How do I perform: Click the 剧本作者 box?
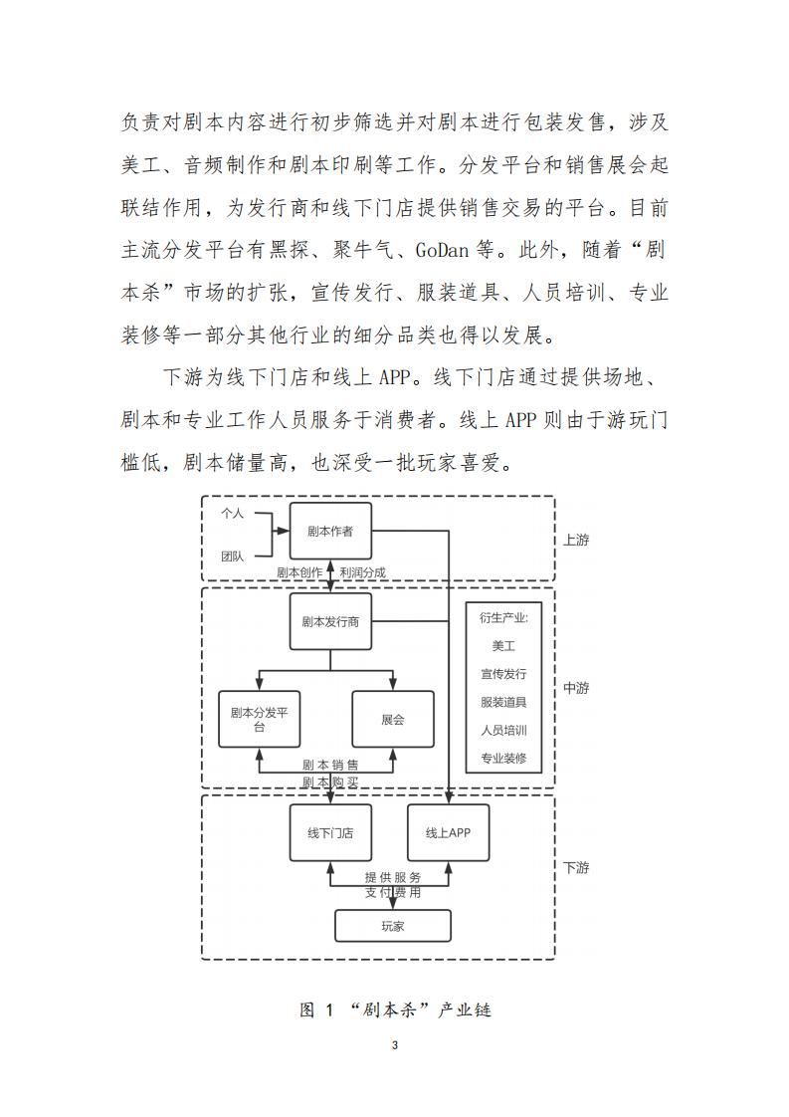(x=329, y=531)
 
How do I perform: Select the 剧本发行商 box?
(x=329, y=622)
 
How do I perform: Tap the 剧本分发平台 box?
(x=259, y=719)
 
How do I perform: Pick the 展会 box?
(x=393, y=719)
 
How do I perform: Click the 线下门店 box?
(x=329, y=832)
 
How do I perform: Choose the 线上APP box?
(x=448, y=832)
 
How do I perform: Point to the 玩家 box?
(x=392, y=926)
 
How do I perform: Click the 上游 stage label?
(x=576, y=541)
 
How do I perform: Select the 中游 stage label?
(x=576, y=688)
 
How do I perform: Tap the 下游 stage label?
(x=576, y=867)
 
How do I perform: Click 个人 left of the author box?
(x=232, y=514)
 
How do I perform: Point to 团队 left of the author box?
(x=232, y=556)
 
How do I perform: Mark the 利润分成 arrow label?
(x=362, y=572)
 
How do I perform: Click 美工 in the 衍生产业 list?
(x=503, y=646)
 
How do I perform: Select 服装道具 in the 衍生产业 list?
(x=503, y=702)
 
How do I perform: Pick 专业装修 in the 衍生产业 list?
(x=503, y=759)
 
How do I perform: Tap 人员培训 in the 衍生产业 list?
(x=503, y=730)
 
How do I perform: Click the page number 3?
(x=395, y=1045)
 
